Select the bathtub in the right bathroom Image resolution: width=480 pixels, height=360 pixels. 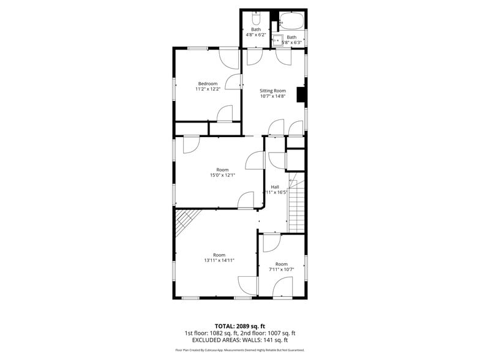(291, 21)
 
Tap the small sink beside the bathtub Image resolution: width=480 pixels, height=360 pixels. (277, 40)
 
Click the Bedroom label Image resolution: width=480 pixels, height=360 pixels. (208, 84)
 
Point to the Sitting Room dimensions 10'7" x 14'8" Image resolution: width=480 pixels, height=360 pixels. (272, 96)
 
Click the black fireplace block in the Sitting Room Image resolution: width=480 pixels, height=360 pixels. (301, 94)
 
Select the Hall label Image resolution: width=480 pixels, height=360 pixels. (276, 187)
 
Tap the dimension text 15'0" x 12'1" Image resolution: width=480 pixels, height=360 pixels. (222, 176)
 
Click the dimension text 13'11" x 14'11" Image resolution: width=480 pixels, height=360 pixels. (219, 260)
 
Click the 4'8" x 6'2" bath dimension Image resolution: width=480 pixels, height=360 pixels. (255, 35)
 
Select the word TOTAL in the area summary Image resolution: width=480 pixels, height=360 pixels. (226, 326)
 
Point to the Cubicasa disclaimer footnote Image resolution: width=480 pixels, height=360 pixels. (239, 350)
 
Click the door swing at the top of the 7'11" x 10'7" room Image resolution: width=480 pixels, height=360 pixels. (272, 242)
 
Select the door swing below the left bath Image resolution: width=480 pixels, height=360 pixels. (255, 58)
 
